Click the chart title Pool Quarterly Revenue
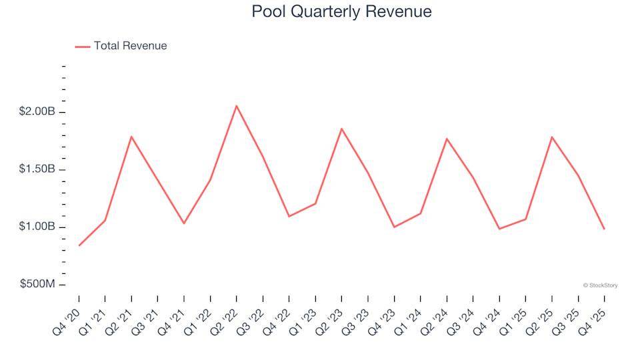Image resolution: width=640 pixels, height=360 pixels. point(341,12)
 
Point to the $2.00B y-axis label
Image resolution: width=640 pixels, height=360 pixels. point(37,112)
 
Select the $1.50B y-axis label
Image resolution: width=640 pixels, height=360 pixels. point(37,169)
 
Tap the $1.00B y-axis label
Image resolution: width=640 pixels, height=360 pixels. point(37,227)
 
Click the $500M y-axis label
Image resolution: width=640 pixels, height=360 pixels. point(37,285)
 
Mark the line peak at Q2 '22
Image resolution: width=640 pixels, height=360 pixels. point(237,105)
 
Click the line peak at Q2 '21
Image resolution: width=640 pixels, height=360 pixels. point(131,137)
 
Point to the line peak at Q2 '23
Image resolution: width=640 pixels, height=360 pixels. point(341,129)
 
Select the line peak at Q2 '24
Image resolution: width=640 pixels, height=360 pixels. point(447,139)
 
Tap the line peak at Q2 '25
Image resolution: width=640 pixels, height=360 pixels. point(552,137)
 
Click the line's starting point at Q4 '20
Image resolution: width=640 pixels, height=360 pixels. point(79,245)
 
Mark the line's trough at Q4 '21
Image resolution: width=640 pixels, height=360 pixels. point(184,223)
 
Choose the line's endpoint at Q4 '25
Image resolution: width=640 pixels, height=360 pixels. point(604,229)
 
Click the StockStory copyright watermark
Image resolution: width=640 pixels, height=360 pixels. point(600,285)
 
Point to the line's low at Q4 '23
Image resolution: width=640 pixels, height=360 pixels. point(394,227)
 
